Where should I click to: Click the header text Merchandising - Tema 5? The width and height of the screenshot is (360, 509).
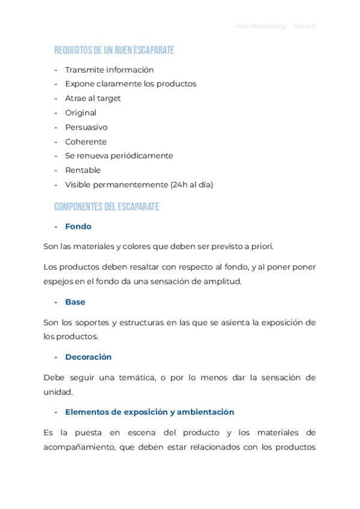point(276,26)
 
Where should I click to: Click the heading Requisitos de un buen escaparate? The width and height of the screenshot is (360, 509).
point(114,50)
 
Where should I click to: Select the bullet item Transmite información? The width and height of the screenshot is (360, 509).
point(109,70)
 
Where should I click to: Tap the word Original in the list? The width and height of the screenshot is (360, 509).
point(80,113)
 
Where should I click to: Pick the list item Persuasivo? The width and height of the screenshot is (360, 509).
point(86,127)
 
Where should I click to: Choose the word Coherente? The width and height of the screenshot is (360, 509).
point(86,142)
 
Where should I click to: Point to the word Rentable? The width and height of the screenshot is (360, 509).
point(83,170)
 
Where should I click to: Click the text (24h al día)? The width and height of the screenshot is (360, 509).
point(191,185)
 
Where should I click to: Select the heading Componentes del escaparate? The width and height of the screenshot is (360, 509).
point(106,207)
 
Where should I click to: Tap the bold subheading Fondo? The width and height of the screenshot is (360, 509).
point(78,226)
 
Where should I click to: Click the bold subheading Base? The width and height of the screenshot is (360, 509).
point(75,302)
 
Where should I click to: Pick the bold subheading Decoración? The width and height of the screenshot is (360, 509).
point(88,357)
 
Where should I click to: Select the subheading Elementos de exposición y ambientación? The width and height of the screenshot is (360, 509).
point(149,412)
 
